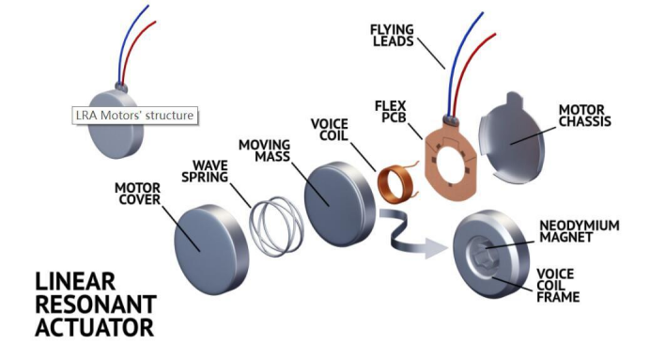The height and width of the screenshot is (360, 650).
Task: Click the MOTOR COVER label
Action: [138, 194]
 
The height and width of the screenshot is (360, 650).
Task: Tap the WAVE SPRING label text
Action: [205, 171]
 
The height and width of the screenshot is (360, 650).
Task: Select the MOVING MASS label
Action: [265, 150]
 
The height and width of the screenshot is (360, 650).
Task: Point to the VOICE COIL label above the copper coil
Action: [330, 130]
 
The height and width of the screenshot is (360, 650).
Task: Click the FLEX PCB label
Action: [391, 112]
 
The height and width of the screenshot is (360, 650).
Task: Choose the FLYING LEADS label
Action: [392, 36]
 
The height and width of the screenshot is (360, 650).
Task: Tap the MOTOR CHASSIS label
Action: [585, 116]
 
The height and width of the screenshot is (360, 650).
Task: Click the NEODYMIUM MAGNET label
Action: [580, 231]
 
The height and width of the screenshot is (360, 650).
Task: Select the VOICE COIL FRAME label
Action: [558, 286]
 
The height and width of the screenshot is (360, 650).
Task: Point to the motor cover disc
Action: [211, 250]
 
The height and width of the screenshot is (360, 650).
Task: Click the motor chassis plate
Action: [512, 139]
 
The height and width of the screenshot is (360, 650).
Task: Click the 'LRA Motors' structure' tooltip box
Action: [135, 116]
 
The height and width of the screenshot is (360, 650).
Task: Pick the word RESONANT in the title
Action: [96, 304]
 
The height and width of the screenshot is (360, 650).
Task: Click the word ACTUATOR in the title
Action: [95, 327]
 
